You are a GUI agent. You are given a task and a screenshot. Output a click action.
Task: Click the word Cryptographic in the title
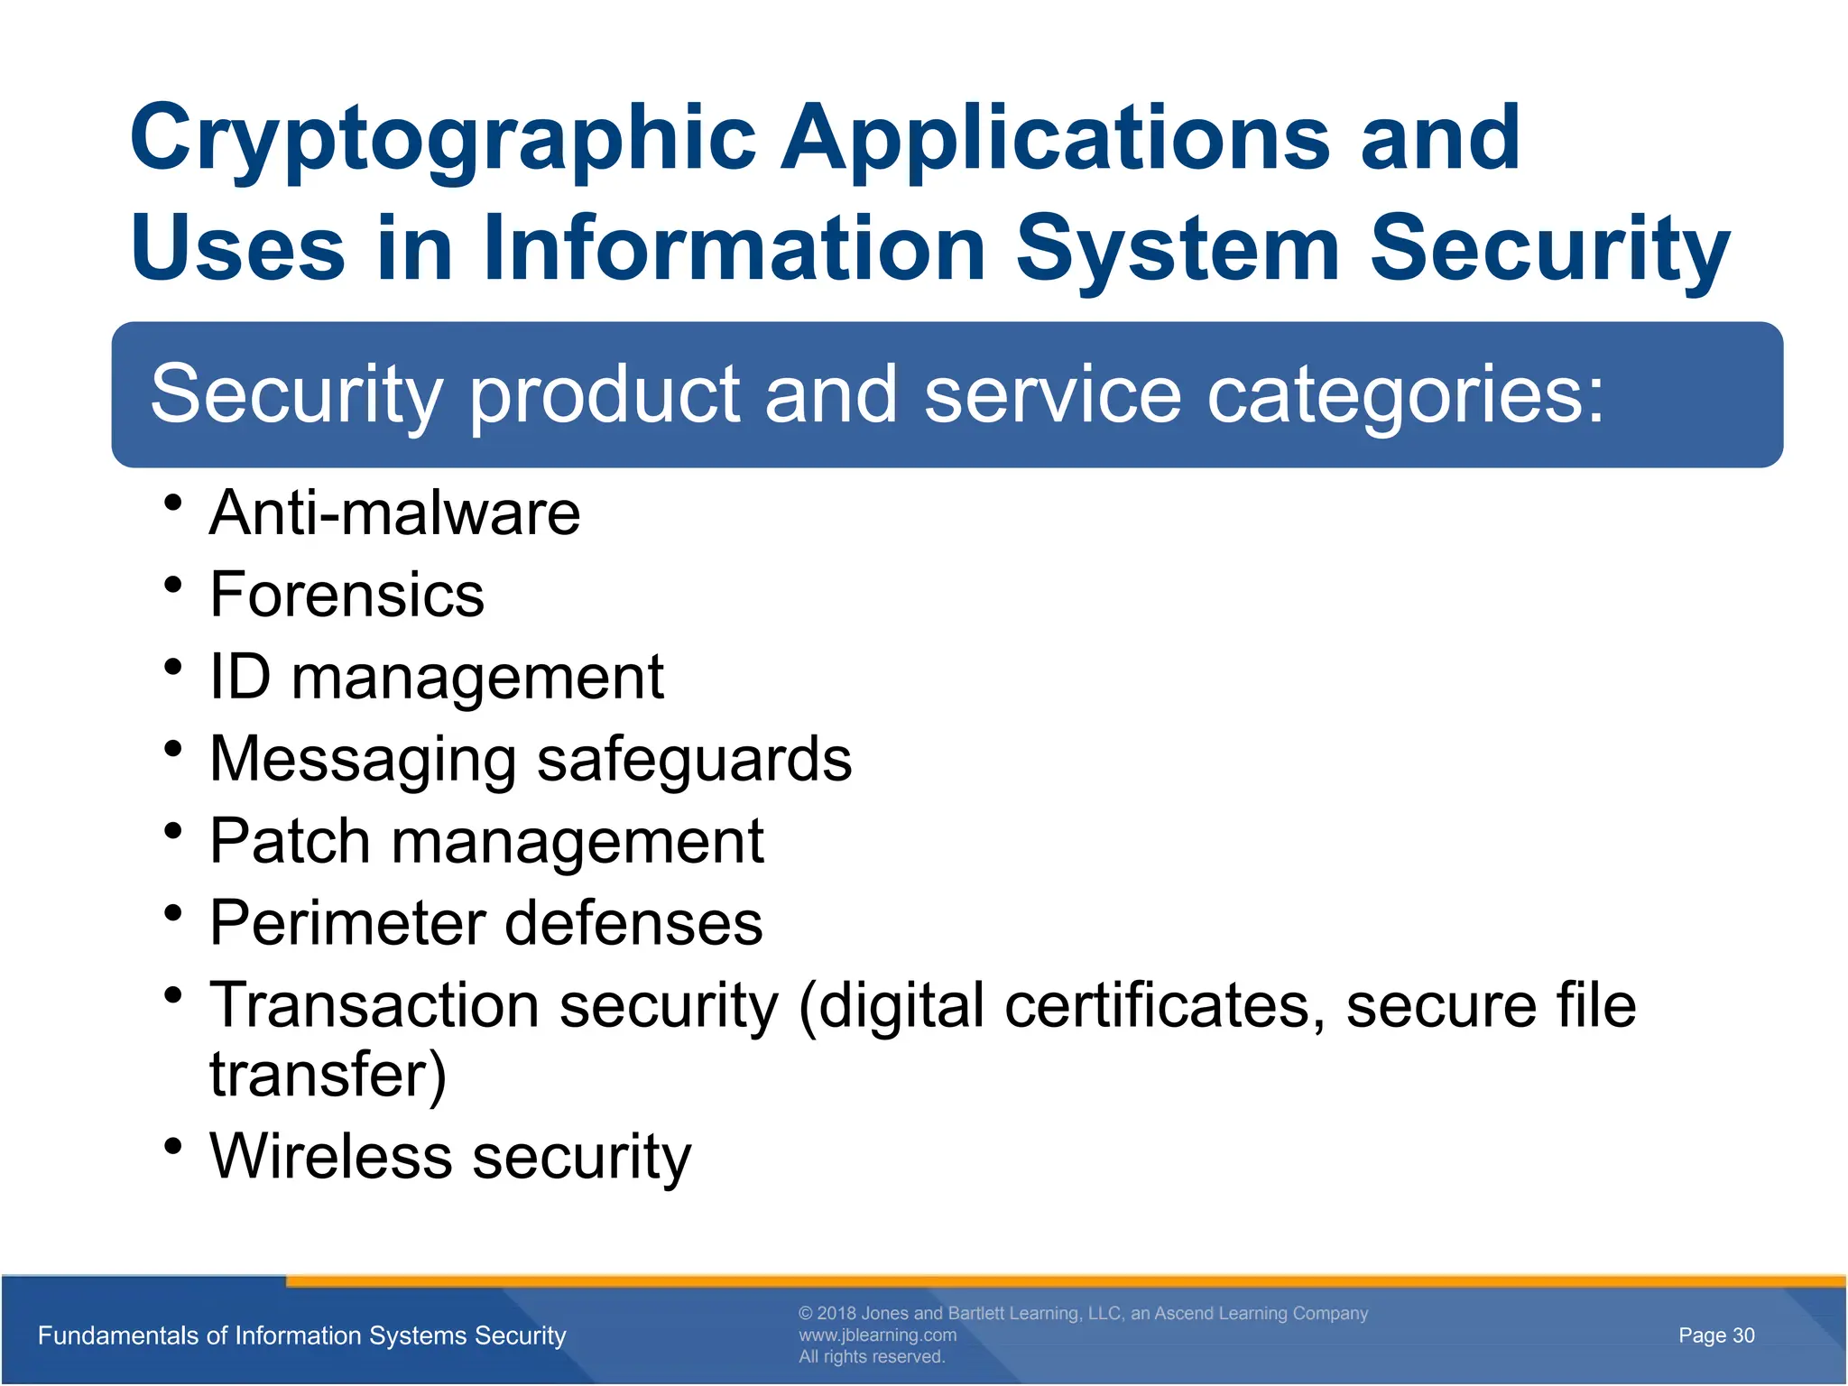(442, 140)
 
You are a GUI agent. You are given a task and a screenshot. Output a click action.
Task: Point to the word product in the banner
(605, 395)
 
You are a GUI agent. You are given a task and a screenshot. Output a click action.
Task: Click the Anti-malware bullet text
(394, 513)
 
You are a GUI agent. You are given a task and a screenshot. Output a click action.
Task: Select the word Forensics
(346, 596)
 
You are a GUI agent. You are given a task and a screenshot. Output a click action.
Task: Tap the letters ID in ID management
(239, 677)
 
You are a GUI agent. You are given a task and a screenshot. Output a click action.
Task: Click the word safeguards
(694, 759)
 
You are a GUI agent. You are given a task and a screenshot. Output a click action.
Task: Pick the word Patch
(290, 841)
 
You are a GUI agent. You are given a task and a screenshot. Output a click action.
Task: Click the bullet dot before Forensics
(174, 586)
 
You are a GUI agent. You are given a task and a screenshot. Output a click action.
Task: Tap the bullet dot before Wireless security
(174, 1147)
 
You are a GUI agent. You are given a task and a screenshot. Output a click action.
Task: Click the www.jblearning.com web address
(877, 1335)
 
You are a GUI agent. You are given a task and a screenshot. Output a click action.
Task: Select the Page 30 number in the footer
(1715, 1335)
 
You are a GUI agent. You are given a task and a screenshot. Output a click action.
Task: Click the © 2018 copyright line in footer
(1083, 1313)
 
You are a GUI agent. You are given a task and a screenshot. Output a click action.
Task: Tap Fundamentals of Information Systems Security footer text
(301, 1335)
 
